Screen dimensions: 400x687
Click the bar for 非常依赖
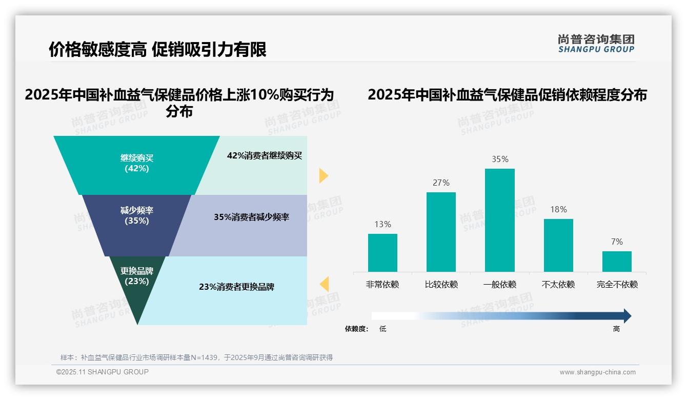pos(382,253)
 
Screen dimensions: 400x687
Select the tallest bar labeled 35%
pos(500,220)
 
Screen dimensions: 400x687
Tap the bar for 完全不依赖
pos(617,262)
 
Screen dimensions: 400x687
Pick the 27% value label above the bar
pos(441,183)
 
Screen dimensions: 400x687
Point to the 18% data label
pos(558,209)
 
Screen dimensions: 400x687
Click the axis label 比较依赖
pos(441,285)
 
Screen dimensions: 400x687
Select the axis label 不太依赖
pos(558,285)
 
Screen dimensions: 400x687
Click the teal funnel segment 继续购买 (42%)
pos(137,164)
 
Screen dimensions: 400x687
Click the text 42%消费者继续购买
pos(265,156)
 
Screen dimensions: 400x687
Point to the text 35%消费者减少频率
pos(251,217)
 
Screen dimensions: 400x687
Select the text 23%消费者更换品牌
pos(236,287)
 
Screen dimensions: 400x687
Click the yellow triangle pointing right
pos(323,175)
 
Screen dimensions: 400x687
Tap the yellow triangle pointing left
pos(324,284)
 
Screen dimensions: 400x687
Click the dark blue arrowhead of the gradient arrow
pos(627,316)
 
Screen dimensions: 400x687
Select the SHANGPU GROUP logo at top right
pos(596,43)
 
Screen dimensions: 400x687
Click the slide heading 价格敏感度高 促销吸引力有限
pos(157,50)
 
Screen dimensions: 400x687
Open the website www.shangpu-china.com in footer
pos(597,372)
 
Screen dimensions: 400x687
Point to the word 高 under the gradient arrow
pos(616,329)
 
